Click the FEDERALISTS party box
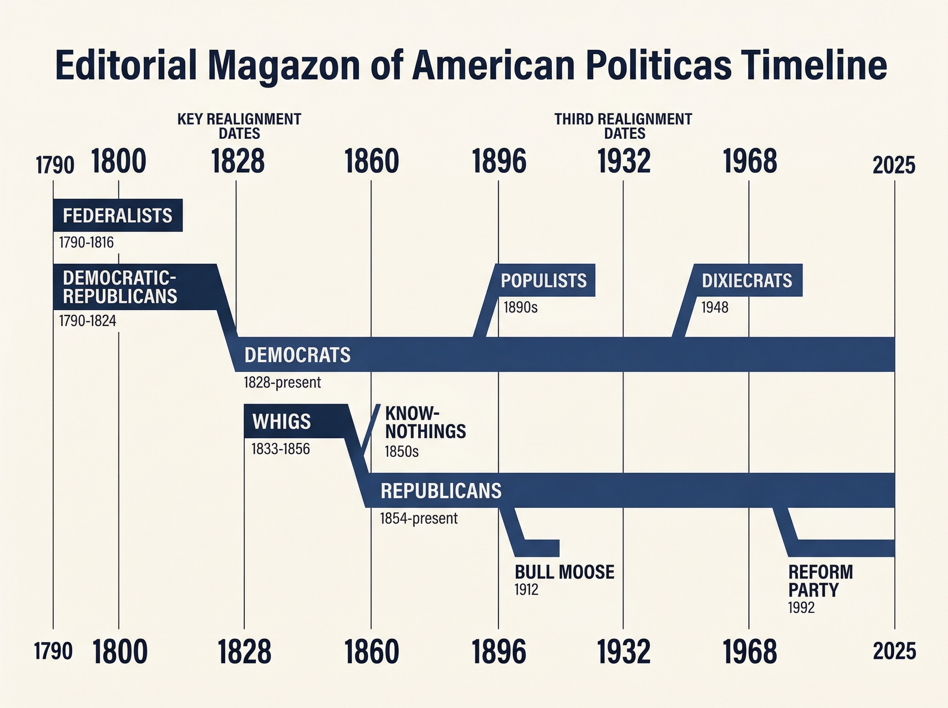tap(117, 215)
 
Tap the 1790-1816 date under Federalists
tap(86, 243)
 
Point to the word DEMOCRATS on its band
tap(297, 355)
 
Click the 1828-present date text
tap(282, 382)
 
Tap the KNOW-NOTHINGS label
tap(425, 422)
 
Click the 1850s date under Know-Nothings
tap(401, 452)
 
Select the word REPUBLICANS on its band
tap(441, 491)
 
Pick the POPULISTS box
tap(544, 280)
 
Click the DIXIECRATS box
tap(747, 280)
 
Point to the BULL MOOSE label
tap(564, 572)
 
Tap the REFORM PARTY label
tap(820, 581)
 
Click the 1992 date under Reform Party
tap(801, 608)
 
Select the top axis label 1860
tap(371, 162)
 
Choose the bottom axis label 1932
tap(623, 652)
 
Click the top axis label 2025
tap(893, 166)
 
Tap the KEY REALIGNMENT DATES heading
tap(239, 126)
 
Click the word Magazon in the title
tap(284, 65)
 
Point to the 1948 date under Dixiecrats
tap(714, 307)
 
